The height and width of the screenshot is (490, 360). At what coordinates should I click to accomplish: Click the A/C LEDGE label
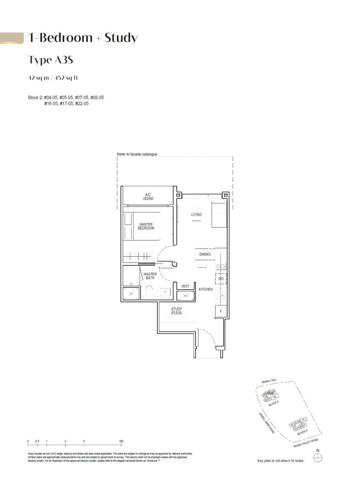tap(148, 197)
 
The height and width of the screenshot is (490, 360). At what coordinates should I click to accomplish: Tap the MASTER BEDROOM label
tap(146, 226)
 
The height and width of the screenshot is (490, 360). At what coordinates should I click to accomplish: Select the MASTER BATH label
tap(150, 276)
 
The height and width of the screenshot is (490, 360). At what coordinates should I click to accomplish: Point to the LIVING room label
tap(196, 214)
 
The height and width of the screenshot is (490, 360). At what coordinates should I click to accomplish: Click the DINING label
tap(205, 254)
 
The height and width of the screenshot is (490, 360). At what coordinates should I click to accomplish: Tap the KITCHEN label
tap(206, 289)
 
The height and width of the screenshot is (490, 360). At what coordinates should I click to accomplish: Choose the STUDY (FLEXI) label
tap(177, 311)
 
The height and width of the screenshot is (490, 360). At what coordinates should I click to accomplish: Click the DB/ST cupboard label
tap(185, 286)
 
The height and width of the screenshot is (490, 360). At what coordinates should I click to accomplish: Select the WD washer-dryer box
tap(221, 279)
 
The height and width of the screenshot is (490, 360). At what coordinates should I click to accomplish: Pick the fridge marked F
tap(221, 311)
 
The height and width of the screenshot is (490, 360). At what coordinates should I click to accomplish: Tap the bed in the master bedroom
tap(142, 226)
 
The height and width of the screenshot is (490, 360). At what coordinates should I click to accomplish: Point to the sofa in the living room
tap(219, 215)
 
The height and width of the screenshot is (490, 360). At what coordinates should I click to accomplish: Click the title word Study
tap(121, 38)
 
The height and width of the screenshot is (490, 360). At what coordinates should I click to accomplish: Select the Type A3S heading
tap(50, 60)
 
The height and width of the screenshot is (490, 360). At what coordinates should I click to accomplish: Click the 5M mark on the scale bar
tap(121, 441)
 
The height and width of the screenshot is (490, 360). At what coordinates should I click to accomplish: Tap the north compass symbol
tap(318, 458)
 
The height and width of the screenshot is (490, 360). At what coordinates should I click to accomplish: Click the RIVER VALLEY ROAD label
tap(306, 443)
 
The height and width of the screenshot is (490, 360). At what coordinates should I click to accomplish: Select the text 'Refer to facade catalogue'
tap(137, 154)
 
